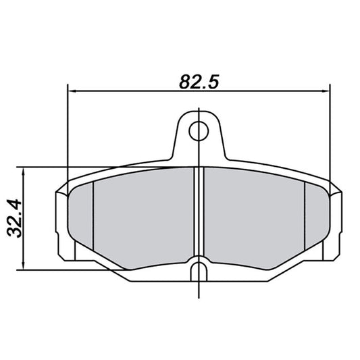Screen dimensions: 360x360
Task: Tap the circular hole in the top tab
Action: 198,129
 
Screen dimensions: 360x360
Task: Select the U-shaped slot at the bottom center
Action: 198,271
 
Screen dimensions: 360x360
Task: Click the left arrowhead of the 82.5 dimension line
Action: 73,91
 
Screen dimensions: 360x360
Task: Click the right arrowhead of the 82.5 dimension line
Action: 325,91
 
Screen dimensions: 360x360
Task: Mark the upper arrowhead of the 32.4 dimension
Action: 24,171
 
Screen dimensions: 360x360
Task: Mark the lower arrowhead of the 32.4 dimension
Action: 24,266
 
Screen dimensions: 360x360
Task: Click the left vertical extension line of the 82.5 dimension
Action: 69,135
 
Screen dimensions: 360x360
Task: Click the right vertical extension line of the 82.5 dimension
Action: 329,135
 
